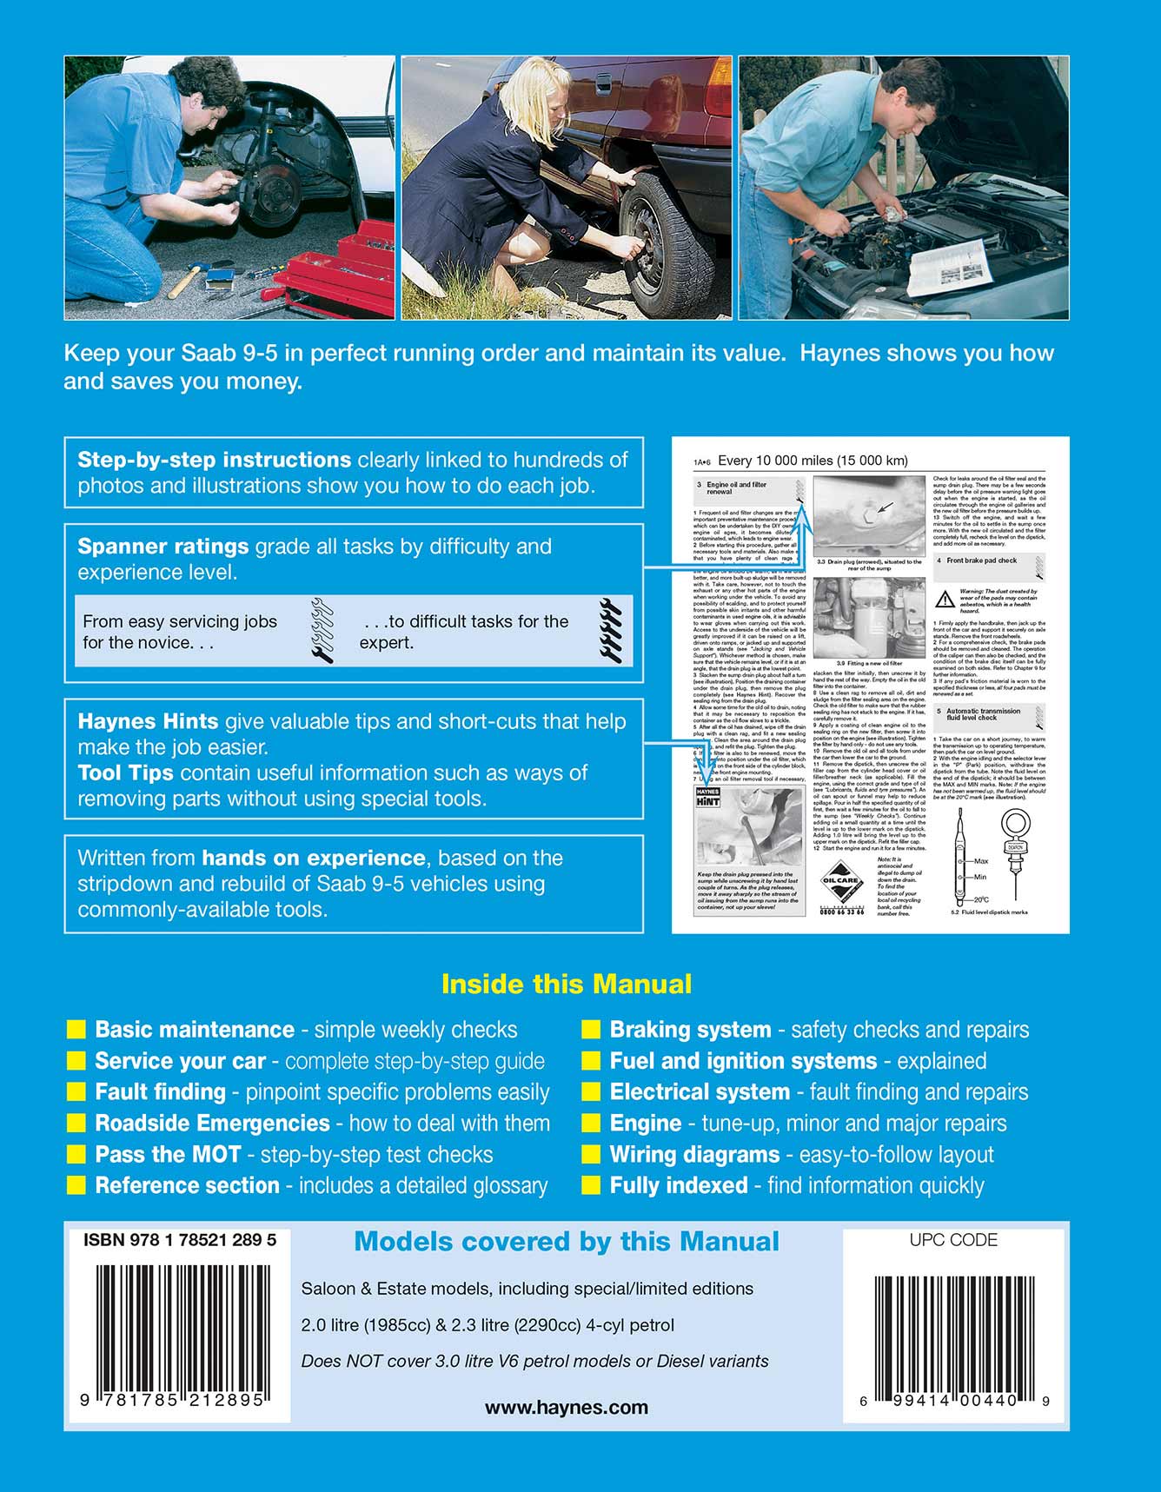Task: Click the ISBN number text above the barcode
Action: (x=180, y=1240)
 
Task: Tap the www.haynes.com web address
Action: (x=566, y=1407)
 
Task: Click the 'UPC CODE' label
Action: (x=953, y=1240)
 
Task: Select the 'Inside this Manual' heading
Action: (x=567, y=984)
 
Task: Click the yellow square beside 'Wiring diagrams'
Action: (x=591, y=1155)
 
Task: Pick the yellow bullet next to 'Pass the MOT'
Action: (x=76, y=1155)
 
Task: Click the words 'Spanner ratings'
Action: (x=163, y=547)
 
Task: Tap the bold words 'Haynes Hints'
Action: (x=148, y=721)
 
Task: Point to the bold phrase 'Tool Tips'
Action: (x=125, y=773)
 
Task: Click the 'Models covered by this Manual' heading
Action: (x=567, y=1241)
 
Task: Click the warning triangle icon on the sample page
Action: (x=945, y=599)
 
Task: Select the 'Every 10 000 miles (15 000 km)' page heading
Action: (x=813, y=461)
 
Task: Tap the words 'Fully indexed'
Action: (x=678, y=1186)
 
